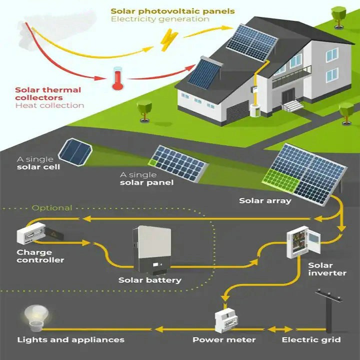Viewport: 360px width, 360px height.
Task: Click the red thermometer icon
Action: point(118,78)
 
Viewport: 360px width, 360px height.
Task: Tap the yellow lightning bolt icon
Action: point(169,39)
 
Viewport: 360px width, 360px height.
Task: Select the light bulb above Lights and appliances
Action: point(36,318)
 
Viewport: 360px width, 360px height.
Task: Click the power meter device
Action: point(226,320)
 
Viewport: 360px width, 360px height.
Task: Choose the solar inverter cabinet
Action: point(303,242)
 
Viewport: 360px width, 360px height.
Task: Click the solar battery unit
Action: point(152,250)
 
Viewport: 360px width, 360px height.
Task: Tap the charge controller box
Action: point(39,233)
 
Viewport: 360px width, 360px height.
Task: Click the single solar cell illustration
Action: point(75,151)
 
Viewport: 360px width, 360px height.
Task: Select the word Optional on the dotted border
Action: point(52,208)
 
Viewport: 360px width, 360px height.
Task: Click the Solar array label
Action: point(265,200)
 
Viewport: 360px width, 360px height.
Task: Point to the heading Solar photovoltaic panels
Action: point(172,11)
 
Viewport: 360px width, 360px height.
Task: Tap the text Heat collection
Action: point(49,105)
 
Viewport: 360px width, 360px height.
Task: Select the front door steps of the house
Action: point(292,106)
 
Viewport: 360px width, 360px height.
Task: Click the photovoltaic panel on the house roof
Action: point(252,42)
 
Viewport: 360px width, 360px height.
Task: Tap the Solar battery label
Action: point(150,280)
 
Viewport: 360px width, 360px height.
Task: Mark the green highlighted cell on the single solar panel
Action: point(152,163)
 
